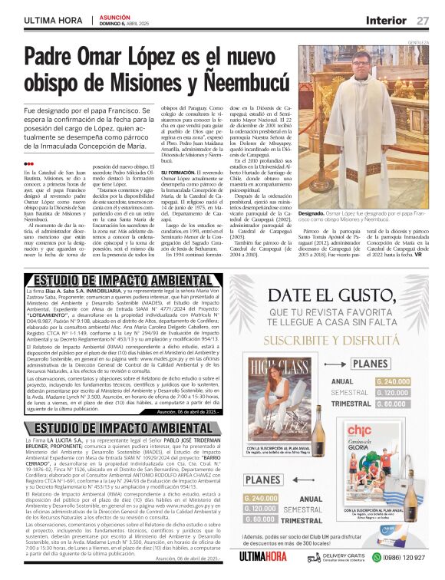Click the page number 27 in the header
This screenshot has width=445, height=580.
click(423, 19)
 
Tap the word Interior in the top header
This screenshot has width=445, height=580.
click(386, 19)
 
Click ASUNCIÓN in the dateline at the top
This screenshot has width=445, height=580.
click(115, 15)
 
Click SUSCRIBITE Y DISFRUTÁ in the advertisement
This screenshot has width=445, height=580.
click(335, 337)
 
